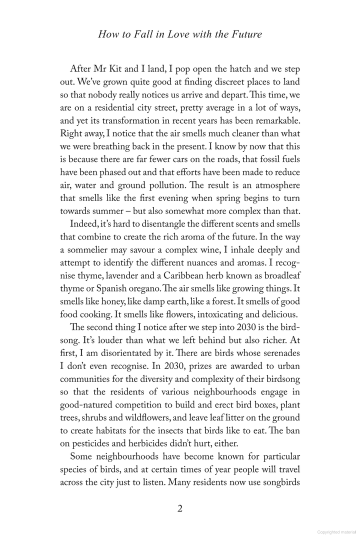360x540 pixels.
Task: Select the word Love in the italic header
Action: pos(165,34)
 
